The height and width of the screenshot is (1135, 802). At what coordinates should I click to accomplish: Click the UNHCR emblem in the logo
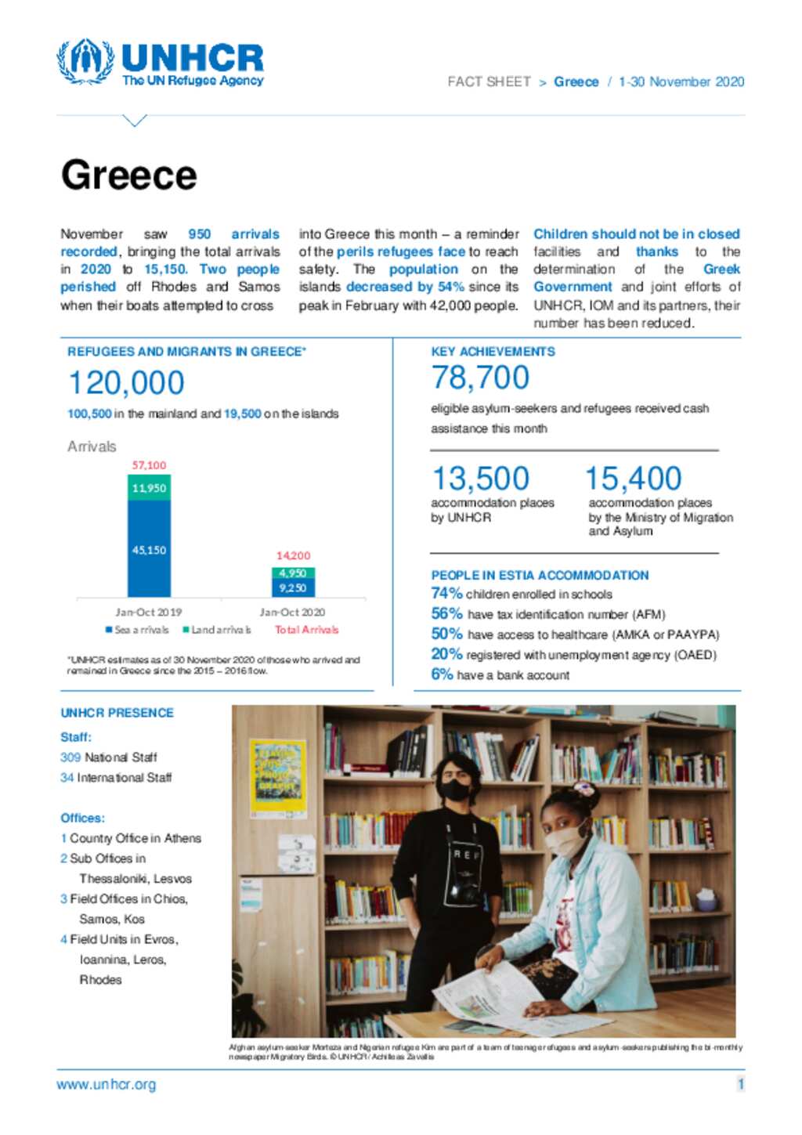85,61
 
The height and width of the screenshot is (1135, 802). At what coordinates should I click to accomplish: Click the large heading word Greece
129,175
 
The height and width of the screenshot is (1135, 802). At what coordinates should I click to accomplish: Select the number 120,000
127,383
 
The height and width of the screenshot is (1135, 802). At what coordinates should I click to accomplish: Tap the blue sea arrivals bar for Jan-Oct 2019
149,548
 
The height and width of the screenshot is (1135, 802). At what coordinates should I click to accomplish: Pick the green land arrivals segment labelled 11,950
149,488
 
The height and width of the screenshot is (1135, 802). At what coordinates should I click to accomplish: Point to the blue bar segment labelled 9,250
293,587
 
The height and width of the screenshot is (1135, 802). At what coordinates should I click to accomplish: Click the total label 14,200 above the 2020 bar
293,555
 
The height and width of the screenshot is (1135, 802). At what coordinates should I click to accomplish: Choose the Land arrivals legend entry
217,630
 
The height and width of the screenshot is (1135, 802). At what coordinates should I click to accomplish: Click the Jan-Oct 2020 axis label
292,612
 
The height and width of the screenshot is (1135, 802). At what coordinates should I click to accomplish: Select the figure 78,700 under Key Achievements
480,378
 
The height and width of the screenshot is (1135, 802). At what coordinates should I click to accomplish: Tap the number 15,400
633,478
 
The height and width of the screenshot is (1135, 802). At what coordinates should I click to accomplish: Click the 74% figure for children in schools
446,594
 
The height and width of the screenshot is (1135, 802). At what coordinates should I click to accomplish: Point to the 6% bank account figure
442,674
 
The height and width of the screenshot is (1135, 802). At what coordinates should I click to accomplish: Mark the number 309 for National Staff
70,757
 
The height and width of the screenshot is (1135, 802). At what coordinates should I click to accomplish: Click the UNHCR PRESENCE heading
117,713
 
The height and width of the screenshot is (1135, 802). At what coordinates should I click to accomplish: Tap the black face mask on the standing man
454,789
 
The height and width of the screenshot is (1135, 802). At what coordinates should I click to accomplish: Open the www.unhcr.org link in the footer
107,1085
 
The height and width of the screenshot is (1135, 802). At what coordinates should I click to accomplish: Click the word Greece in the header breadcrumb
576,82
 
